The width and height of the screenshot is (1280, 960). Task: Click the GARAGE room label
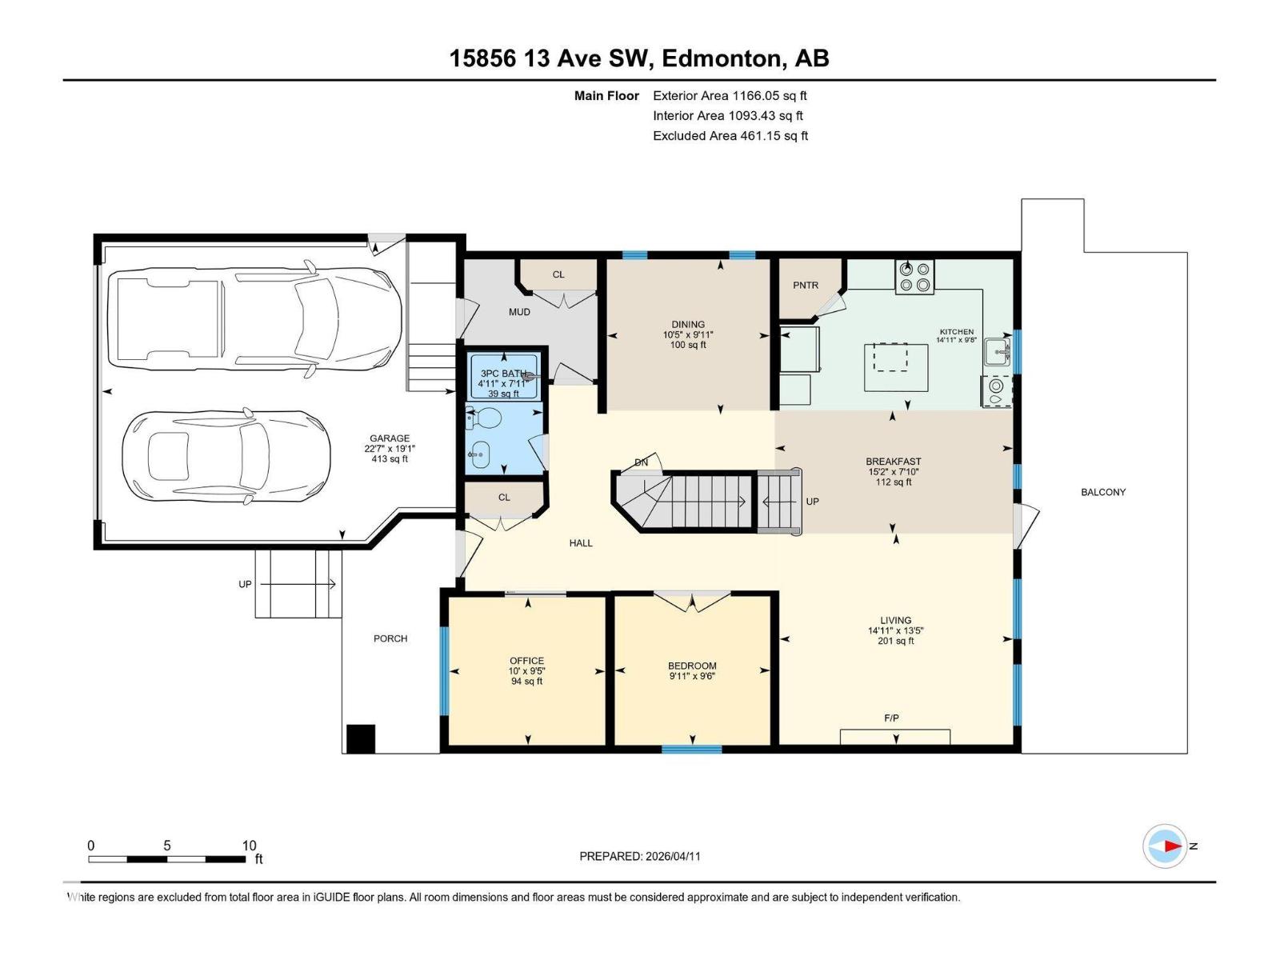coord(390,438)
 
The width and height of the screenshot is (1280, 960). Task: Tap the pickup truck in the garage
coord(254,319)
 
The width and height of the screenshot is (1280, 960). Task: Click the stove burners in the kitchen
coord(914,277)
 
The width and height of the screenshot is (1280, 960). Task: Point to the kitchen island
coord(896,367)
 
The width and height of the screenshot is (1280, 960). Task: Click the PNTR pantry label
coord(806,286)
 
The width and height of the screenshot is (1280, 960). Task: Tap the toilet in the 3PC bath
coord(485,418)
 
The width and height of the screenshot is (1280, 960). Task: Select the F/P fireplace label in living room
coord(891,718)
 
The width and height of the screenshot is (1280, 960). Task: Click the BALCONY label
coord(1102,493)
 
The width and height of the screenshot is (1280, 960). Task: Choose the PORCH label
coord(390,638)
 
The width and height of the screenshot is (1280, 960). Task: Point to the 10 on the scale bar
coord(249,846)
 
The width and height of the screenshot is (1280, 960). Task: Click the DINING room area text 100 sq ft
coord(687,346)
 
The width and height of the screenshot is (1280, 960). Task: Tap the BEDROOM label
coord(692,666)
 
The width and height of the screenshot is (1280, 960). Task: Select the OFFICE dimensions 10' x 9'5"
coord(526,671)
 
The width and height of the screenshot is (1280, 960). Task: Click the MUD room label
coord(519,312)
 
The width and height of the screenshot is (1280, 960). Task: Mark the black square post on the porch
coord(361,738)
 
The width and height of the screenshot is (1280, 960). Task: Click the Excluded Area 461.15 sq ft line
coord(730,136)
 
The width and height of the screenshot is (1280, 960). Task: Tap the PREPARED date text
coord(639,856)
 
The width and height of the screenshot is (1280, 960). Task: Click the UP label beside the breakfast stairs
coord(812,502)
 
